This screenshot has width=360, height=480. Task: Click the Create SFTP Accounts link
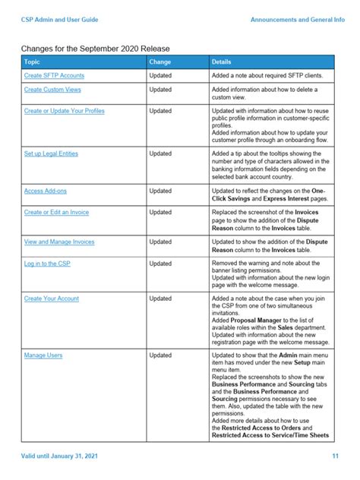(x=54, y=76)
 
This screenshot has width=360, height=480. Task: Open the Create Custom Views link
(x=55, y=90)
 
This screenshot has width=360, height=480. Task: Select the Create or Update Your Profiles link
(x=65, y=111)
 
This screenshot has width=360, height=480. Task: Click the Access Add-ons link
(x=45, y=191)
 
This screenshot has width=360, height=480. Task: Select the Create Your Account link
(x=52, y=298)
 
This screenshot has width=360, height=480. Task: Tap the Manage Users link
(x=43, y=355)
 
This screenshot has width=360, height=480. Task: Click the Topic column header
(x=32, y=62)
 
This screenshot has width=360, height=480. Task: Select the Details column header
(x=222, y=62)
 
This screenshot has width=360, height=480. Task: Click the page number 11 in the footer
(x=335, y=456)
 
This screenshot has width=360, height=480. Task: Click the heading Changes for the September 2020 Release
(x=96, y=48)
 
